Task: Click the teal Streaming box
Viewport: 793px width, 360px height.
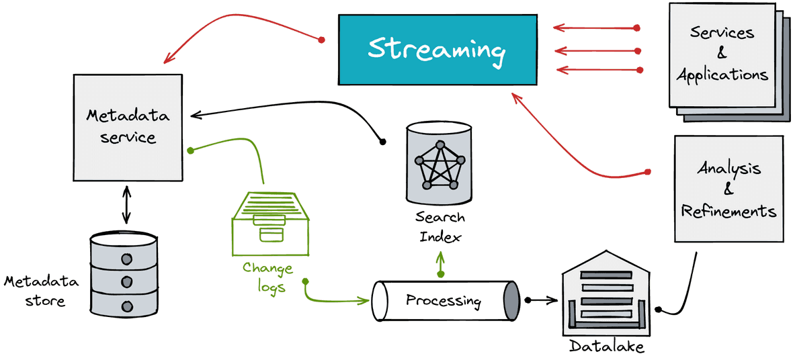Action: pos(438,50)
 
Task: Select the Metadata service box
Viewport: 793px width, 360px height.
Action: pos(128,127)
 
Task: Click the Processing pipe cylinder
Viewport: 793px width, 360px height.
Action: pos(446,301)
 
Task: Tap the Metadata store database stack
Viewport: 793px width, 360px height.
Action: pos(124,275)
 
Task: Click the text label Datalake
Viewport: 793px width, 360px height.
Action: pos(607,347)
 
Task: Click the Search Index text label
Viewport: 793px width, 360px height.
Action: pos(440,227)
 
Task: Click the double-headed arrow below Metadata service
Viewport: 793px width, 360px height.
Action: pos(126,204)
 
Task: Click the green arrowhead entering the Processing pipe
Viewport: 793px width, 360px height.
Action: pos(364,301)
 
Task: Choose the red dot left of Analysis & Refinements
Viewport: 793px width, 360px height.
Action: pos(647,172)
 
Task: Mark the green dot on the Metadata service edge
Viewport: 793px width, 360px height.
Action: pos(190,150)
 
